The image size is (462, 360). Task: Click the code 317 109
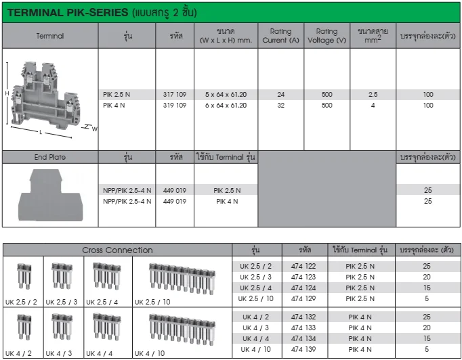click(175, 95)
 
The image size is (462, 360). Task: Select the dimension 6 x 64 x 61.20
click(226, 106)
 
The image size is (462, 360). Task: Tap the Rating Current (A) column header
click(281, 36)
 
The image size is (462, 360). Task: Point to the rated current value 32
click(281, 106)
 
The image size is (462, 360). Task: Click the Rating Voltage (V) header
click(327, 36)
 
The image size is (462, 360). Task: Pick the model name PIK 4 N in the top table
click(114, 106)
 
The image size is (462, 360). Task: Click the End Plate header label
click(50, 157)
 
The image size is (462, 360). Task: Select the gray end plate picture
click(50, 195)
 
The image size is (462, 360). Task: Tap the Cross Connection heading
click(117, 250)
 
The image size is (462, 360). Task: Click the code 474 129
click(303, 298)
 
